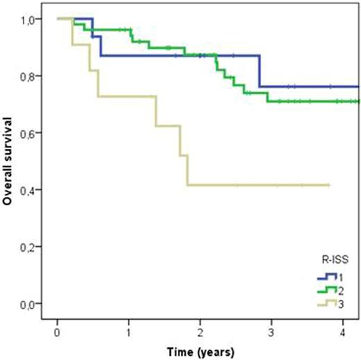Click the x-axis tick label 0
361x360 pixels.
coord(57,331)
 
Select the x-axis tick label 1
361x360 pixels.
coord(128,331)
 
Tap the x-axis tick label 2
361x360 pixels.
coord(200,331)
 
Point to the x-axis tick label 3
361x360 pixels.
coord(271,331)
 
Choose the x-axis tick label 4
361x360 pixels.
coord(343,331)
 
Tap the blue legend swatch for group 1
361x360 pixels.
coord(326,277)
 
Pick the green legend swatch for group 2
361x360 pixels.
coord(326,290)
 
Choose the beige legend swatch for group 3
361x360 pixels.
coord(326,303)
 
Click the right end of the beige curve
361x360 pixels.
coord(328,185)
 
